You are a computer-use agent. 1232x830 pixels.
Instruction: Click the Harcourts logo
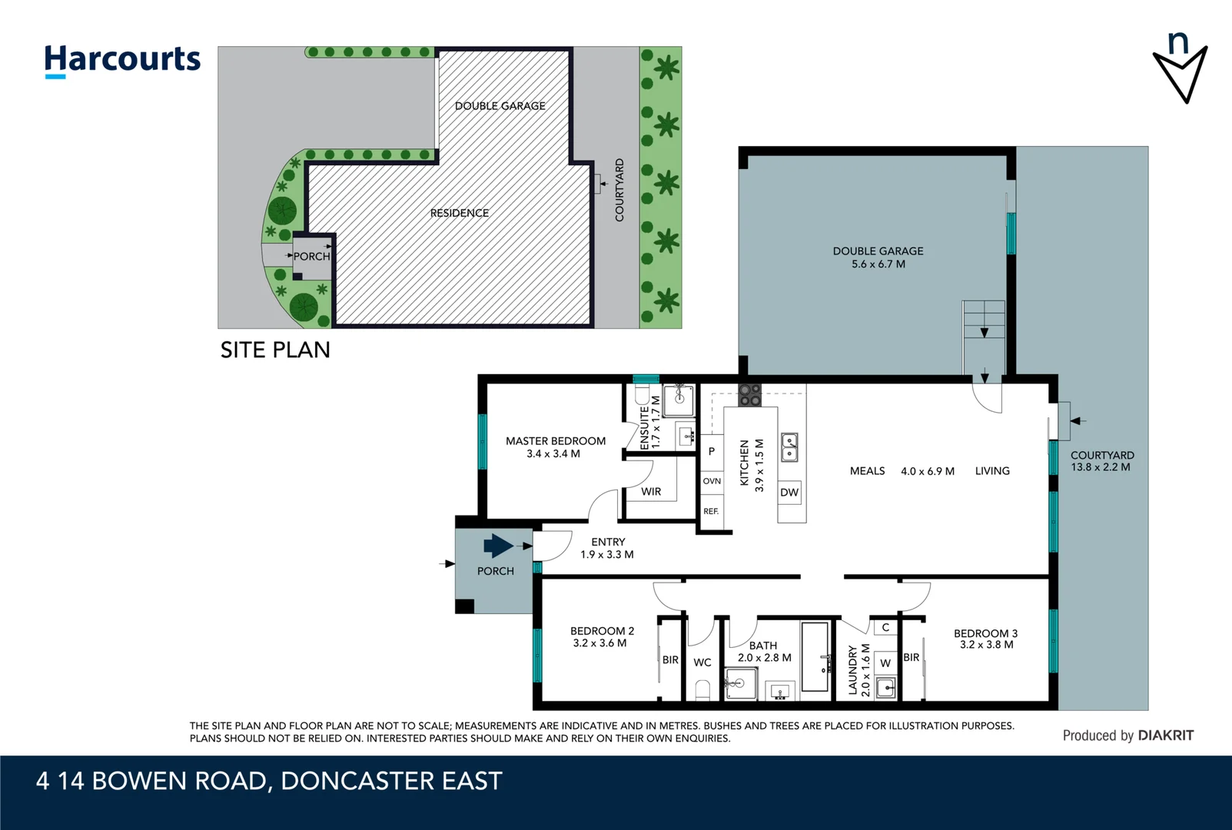click(x=122, y=60)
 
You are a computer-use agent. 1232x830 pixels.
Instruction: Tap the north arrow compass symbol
click(x=1180, y=68)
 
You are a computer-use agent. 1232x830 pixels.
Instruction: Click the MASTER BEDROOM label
click(x=555, y=441)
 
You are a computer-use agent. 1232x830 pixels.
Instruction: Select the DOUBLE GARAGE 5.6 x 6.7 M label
click(x=878, y=257)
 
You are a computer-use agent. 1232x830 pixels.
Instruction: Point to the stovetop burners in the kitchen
click(x=749, y=395)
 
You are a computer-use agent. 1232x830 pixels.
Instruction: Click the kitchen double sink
click(x=789, y=447)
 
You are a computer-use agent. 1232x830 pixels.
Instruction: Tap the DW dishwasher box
click(x=789, y=493)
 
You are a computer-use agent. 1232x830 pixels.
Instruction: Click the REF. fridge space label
click(x=711, y=511)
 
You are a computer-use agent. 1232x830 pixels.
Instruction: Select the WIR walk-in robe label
click(x=651, y=492)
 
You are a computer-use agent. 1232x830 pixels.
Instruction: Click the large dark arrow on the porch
click(x=498, y=546)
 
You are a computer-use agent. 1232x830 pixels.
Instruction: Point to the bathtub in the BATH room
click(x=815, y=657)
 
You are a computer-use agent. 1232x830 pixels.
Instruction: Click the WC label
click(x=702, y=662)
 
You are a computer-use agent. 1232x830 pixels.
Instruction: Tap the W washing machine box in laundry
click(x=885, y=662)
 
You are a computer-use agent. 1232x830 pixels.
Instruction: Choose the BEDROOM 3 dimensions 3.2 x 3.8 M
click(x=986, y=645)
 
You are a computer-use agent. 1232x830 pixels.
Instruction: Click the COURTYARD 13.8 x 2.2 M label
click(x=1101, y=461)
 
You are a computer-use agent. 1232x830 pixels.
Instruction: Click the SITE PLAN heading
click(x=275, y=350)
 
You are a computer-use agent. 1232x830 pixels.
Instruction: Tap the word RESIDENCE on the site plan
click(x=459, y=213)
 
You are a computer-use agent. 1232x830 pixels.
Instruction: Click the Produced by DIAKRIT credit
click(x=1127, y=735)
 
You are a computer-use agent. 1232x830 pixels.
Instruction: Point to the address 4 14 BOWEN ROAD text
click(x=268, y=782)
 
